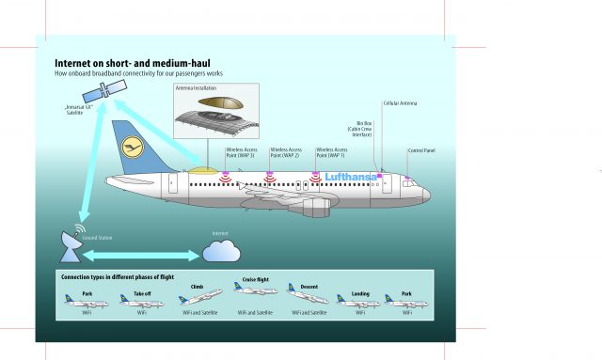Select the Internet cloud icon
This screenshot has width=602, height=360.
click(220, 250)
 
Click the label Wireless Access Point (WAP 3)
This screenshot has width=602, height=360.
click(240, 152)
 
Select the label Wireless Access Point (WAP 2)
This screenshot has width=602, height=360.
click(285, 152)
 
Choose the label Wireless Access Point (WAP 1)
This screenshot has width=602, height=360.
click(331, 152)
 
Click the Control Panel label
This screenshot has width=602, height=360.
click(420, 150)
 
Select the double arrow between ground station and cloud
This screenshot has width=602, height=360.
click(147, 255)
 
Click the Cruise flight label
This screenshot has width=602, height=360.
click(255, 279)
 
